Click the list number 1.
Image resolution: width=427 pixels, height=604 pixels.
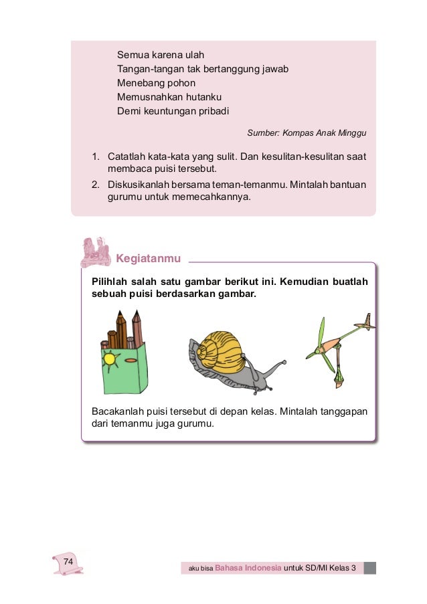(96, 157)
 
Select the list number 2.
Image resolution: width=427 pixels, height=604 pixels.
(96, 185)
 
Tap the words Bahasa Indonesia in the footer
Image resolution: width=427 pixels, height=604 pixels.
(248, 569)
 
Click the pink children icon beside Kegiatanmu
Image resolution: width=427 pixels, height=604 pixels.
(95, 251)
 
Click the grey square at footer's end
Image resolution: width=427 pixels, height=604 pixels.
(370, 568)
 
